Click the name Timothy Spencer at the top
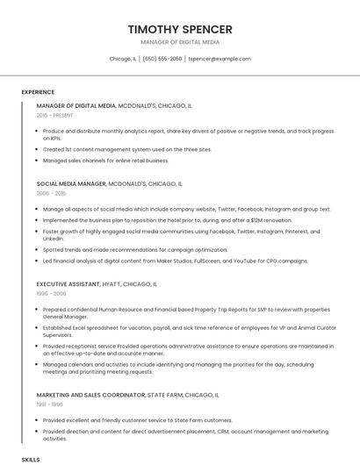click(x=180, y=29)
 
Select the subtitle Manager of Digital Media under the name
click(x=180, y=42)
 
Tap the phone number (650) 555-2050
click(x=162, y=59)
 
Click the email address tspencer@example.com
click(x=220, y=59)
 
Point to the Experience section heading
click(x=38, y=92)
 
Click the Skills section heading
click(x=31, y=459)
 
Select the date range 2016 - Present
click(x=54, y=115)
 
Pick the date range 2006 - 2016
click(x=51, y=193)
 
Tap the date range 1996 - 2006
click(x=51, y=293)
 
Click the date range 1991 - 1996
click(x=50, y=404)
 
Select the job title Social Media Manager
click(x=71, y=184)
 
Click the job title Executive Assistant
click(x=69, y=284)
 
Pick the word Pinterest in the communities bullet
click(x=279, y=232)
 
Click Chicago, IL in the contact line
click(x=123, y=59)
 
